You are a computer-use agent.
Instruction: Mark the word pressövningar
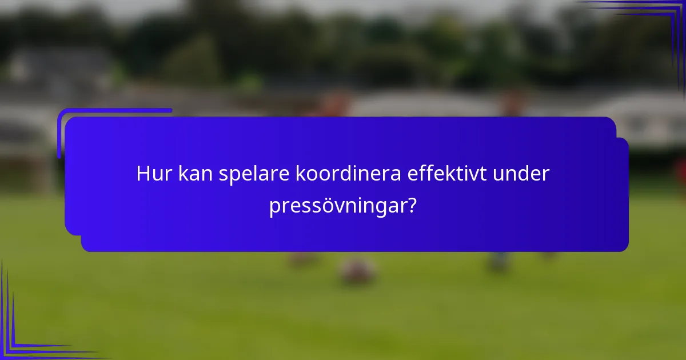pos(338,206)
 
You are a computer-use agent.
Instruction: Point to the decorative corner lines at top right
pos(657,23)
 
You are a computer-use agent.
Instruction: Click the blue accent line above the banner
pos(114,111)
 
